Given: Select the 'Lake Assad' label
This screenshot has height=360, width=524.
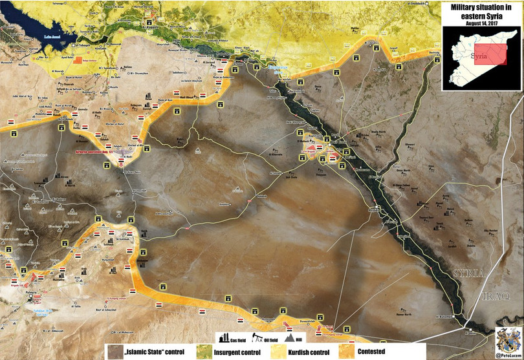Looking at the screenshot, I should (x=53, y=39).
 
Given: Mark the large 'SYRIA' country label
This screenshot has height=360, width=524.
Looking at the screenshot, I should (x=468, y=273).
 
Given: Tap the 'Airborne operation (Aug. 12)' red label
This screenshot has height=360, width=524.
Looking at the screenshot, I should (x=96, y=148).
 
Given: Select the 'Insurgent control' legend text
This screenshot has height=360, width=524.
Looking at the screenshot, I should (x=239, y=352).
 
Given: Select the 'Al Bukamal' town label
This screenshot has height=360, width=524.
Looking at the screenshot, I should (x=444, y=316).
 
